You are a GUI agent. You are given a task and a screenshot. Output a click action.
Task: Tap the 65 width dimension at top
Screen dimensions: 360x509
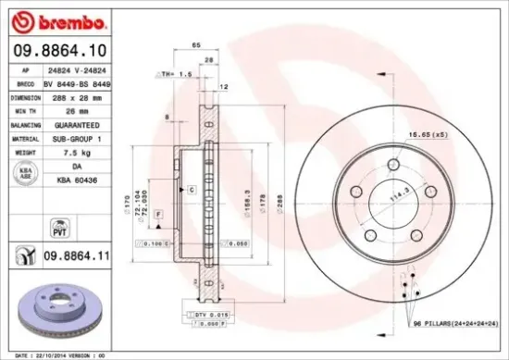(x=195, y=44)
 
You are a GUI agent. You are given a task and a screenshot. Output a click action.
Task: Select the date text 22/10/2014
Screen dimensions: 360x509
(x=55, y=354)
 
